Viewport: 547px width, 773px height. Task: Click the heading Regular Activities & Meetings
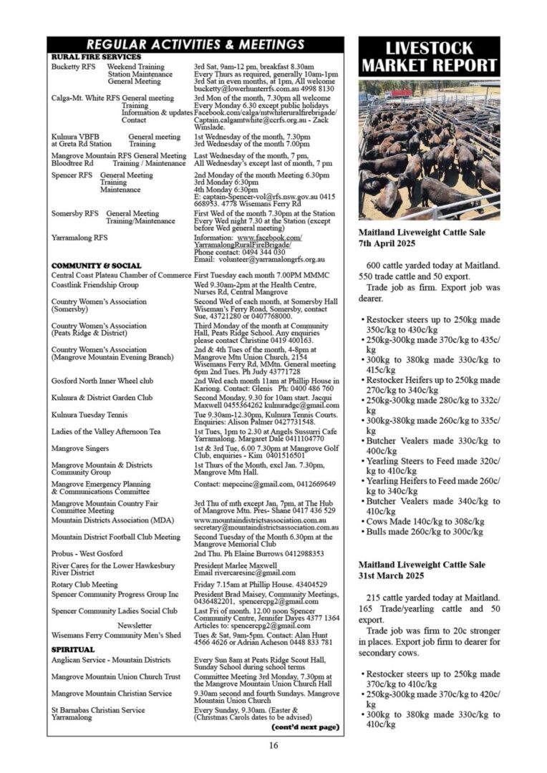[195, 44]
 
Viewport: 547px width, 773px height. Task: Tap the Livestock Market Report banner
[429, 57]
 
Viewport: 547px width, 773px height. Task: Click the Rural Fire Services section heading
[96, 57]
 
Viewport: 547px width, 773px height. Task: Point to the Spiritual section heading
[73, 649]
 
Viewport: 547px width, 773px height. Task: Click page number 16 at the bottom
[273, 745]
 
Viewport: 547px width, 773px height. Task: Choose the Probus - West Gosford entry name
[87, 553]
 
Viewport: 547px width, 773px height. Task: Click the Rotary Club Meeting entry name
[84, 584]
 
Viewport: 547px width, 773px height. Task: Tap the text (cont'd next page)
[304, 726]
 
